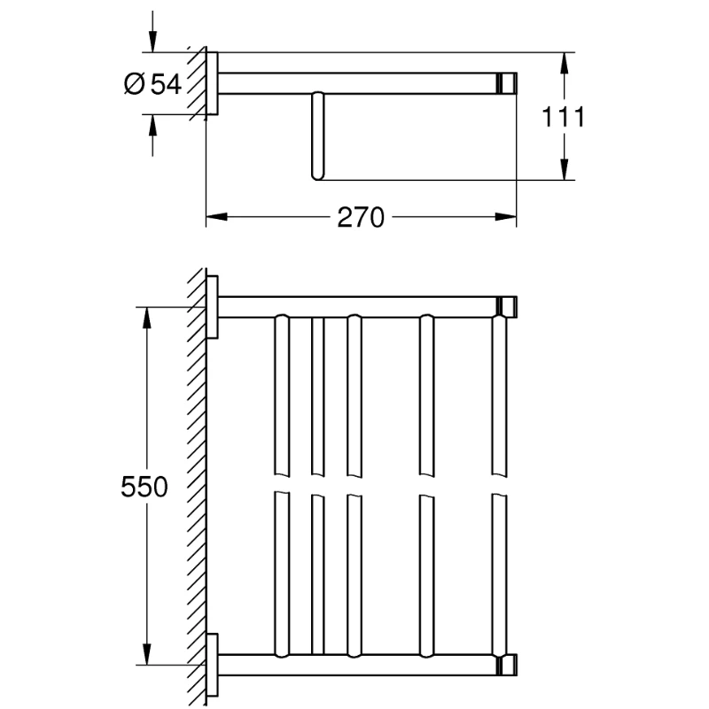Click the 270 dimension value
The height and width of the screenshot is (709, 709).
[361, 217]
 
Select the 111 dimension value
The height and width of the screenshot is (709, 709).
[563, 117]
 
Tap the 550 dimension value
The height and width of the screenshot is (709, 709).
[144, 487]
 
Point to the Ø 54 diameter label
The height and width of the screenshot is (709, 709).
[152, 83]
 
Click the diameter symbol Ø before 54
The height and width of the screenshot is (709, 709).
[134, 84]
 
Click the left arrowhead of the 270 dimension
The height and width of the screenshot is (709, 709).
[216, 217]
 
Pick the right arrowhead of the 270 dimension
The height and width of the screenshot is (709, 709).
[505, 217]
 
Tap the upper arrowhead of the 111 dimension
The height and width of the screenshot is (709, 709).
[564, 63]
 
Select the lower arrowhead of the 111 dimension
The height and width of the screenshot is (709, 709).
[564, 169]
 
